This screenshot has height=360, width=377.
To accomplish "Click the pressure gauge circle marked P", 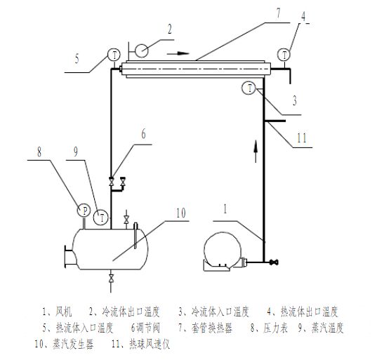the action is (84, 211).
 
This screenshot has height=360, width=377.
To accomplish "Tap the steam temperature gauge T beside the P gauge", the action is (100, 218).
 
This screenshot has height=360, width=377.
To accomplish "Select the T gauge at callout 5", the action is (114, 55).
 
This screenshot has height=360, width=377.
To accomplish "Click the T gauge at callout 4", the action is (284, 55).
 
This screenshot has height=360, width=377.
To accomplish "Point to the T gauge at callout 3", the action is (249, 88).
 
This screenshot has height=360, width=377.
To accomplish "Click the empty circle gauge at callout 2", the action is (141, 51).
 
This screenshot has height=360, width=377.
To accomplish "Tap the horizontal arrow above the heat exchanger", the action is (178, 53).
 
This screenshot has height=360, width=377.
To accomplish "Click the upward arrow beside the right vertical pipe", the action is (256, 152).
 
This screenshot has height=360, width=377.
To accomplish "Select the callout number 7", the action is (278, 13).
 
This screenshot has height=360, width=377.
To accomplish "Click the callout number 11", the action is (302, 138).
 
